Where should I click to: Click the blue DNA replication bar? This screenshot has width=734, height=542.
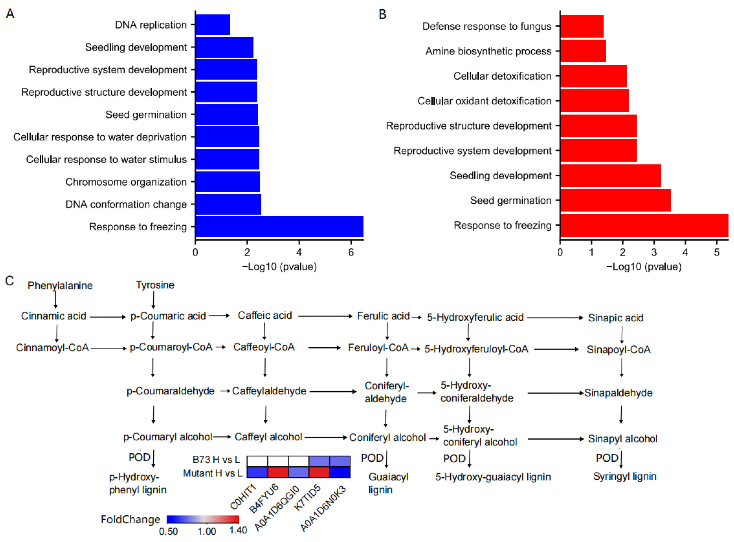[213, 25]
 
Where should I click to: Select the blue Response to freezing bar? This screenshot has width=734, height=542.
[279, 226]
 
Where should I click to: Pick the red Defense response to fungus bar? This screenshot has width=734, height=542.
[582, 26]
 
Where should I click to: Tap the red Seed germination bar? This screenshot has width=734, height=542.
[615, 200]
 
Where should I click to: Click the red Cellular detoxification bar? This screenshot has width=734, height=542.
[593, 76]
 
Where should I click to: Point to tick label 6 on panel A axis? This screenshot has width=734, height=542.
[351, 253]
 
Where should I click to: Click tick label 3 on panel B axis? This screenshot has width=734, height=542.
[654, 253]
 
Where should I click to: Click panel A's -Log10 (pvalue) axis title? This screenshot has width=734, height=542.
[280, 267]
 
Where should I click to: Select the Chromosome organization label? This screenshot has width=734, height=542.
[126, 182]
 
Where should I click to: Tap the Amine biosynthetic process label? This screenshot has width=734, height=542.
[488, 51]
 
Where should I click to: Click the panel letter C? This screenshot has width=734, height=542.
[10, 281]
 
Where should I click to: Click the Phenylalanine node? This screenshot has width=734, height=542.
[60, 286]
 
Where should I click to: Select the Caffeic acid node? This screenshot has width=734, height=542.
[265, 315]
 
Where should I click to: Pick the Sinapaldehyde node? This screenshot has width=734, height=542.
[618, 393]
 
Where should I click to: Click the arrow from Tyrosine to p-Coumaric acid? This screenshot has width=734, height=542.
[153, 300]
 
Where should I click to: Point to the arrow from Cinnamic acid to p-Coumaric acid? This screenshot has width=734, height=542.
[108, 317]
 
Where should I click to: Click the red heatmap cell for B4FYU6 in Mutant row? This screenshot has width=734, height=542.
[278, 472]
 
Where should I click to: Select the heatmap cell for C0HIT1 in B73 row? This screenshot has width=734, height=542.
[257, 461]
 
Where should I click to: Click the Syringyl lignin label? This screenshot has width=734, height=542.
[625, 477]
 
